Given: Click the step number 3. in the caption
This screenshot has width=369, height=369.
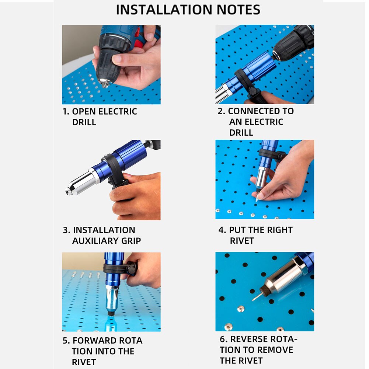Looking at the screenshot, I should tap(66, 230).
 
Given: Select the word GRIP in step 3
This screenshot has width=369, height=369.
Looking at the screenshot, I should tap(131, 241).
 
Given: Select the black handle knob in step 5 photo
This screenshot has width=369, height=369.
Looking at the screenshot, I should tap(132, 268).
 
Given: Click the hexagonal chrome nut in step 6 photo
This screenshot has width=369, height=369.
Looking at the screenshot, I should tap(295, 269).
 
